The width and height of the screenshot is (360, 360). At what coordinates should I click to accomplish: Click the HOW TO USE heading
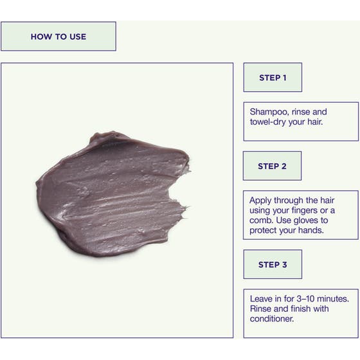59,37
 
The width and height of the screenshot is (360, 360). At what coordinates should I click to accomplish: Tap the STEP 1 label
273,78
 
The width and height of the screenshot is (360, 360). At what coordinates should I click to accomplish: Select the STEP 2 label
272,166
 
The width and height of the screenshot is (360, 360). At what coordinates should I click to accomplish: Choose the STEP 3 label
273,264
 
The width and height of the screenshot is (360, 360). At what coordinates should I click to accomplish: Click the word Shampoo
269,112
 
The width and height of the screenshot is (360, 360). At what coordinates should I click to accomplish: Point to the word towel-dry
267,122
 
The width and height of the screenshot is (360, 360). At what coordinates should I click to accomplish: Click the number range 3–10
305,299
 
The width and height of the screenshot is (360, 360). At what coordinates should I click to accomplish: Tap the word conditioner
272,319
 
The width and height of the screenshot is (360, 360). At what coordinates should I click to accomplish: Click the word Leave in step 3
261,299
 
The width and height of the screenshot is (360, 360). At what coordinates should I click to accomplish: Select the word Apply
260,201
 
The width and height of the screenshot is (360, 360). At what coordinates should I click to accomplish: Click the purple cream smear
113,195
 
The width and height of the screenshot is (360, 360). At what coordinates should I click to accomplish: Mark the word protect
264,231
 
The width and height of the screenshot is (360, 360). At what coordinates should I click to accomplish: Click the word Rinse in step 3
261,309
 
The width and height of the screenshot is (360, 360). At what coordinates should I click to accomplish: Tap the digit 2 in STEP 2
284,166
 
